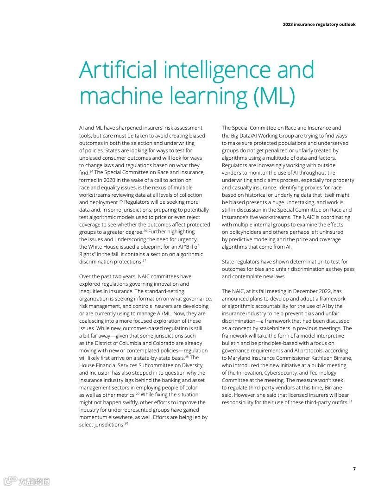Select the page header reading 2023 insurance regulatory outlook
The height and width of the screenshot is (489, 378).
click(319, 25)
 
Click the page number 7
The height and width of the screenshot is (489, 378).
click(354, 469)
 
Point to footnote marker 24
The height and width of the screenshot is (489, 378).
click(91, 171)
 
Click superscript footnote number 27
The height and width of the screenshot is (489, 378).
click(144, 261)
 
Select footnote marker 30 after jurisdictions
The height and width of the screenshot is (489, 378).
click(126, 424)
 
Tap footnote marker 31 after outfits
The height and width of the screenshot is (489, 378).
click(350, 401)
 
